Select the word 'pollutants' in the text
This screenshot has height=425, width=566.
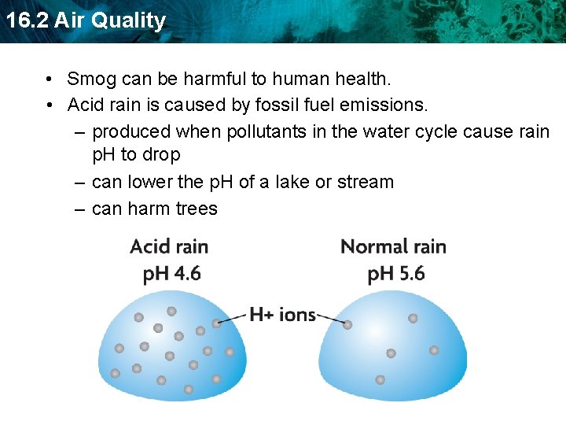coord(266,131)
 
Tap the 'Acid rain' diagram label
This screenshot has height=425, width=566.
coord(169,246)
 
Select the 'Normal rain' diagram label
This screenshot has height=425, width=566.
coord(393,246)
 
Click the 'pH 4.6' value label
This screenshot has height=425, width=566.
coord(171,274)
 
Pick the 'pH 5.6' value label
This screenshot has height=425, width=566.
coord(396,274)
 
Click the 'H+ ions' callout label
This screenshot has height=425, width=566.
coord(282,315)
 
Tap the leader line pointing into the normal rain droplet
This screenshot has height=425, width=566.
coord(330,319)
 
